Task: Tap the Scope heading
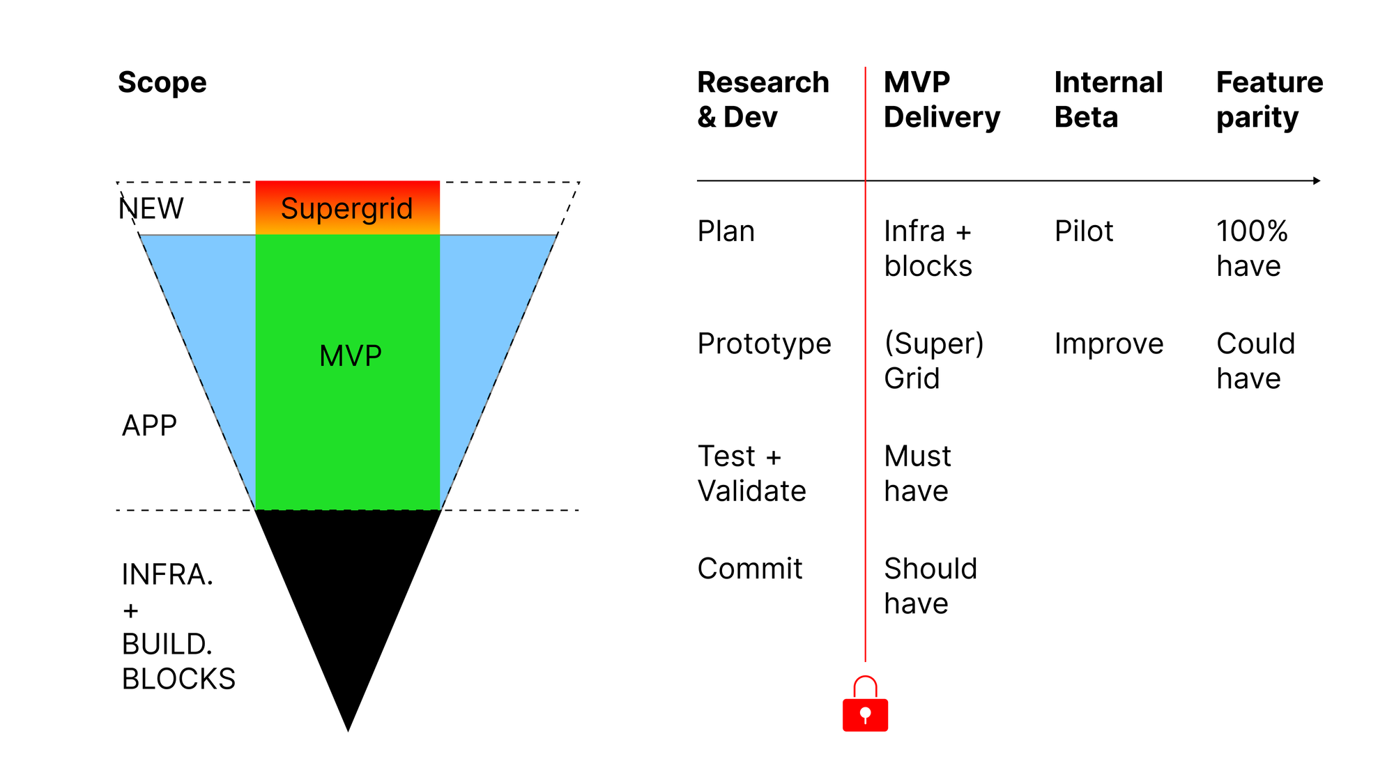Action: click(162, 82)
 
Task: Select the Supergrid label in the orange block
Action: click(346, 208)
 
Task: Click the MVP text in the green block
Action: click(350, 356)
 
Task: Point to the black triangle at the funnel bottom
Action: click(348, 592)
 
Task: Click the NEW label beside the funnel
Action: click(151, 208)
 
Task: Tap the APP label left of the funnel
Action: click(149, 425)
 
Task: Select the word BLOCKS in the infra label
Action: click(178, 679)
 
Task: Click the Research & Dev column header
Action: click(763, 100)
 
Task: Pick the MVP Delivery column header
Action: click(942, 100)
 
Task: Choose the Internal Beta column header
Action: click(1108, 100)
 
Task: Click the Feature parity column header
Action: click(1269, 100)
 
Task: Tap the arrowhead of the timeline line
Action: click(1317, 180)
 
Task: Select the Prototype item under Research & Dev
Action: click(764, 344)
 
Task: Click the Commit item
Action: click(750, 569)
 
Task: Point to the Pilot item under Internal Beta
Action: click(1084, 231)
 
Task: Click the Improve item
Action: click(1109, 344)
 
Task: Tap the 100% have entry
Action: click(1252, 249)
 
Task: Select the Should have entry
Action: click(930, 586)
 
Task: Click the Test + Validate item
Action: click(751, 474)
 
